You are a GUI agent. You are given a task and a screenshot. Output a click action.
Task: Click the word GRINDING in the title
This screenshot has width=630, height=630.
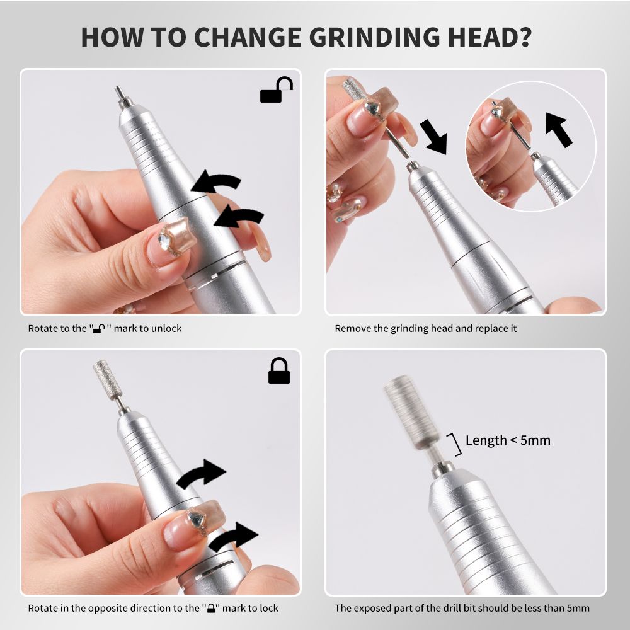375,37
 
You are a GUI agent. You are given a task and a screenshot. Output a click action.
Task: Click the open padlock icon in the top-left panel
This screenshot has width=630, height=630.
277,89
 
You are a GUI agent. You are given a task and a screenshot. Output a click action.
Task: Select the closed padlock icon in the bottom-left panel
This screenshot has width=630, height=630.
279,370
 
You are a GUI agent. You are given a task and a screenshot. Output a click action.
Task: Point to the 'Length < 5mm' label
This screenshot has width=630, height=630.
508,440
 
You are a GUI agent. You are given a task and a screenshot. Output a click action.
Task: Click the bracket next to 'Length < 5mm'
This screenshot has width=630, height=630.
457,444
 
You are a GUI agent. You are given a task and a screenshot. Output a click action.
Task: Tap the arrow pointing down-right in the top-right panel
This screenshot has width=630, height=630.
434,137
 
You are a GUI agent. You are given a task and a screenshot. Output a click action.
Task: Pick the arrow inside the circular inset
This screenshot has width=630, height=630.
558,129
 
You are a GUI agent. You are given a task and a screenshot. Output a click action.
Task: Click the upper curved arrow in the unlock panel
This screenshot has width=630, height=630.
215,181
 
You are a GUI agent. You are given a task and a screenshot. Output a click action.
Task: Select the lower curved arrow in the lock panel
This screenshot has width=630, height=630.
233,537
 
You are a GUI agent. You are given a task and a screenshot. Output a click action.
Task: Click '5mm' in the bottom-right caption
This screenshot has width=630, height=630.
578,609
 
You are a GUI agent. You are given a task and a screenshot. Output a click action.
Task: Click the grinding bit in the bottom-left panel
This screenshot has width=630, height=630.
103,380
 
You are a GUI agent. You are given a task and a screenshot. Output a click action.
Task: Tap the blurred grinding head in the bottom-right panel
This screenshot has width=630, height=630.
405,412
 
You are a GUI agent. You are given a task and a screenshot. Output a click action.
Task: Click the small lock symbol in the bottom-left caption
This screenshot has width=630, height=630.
211,609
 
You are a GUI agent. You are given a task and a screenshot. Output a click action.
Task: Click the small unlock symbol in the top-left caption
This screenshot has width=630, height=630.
99,329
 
